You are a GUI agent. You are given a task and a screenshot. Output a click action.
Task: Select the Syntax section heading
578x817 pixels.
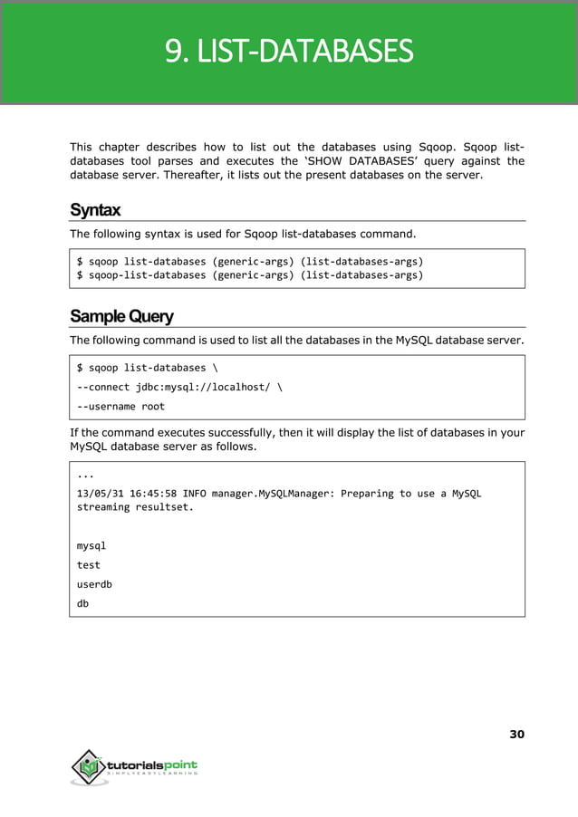tap(95, 210)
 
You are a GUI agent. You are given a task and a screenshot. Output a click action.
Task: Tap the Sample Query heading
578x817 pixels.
tap(121, 316)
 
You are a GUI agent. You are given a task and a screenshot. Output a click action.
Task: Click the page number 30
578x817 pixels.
tap(515, 734)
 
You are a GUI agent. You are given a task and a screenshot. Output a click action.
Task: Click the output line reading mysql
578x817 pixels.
tap(92, 545)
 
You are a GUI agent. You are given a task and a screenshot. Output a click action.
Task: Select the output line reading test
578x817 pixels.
tap(89, 564)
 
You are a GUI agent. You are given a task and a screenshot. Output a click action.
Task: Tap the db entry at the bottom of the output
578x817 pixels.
tap(83, 603)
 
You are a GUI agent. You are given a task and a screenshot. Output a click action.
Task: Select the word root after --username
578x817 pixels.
tap(153, 407)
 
